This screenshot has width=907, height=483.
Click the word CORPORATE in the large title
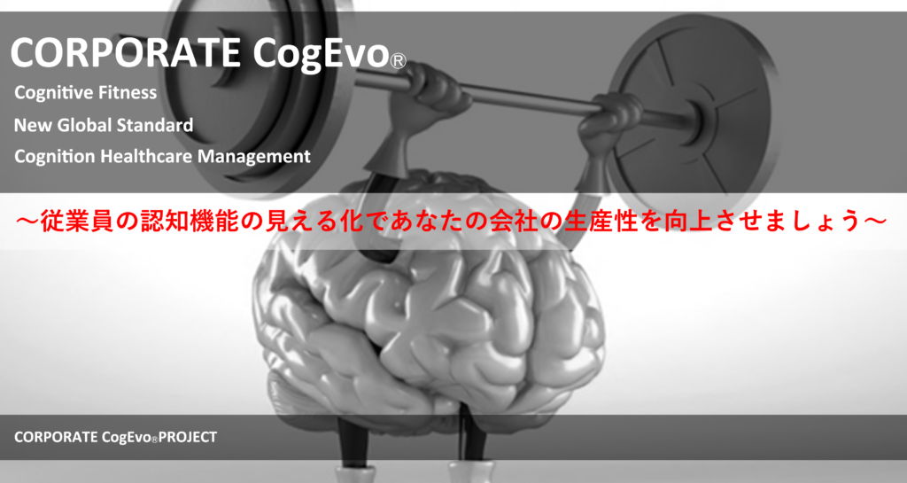click(125, 52)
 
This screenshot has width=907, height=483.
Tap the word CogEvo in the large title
click(320, 54)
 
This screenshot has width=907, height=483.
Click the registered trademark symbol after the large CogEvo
click(398, 61)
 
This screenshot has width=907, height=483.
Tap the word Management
click(254, 157)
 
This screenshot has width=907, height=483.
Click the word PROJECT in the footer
click(188, 437)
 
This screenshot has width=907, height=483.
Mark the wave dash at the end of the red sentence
click(874, 221)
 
